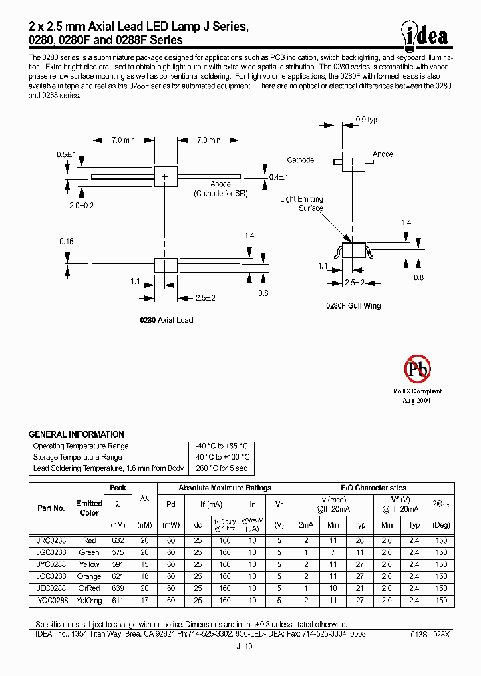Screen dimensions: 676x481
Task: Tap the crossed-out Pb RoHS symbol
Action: point(418,369)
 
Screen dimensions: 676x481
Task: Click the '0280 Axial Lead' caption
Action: point(166,320)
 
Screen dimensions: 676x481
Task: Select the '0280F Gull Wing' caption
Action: point(353,305)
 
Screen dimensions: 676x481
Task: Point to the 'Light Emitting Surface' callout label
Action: point(301,203)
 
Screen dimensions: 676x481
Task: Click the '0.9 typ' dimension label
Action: point(367,120)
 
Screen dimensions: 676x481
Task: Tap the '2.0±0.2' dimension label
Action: point(81,206)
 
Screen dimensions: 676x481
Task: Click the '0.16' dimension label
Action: point(66,241)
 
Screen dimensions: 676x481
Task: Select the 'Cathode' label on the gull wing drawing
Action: point(301,160)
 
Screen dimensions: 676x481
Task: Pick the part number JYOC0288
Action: point(49,601)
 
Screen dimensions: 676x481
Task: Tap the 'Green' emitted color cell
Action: point(89,552)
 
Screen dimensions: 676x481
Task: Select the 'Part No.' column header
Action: point(51,508)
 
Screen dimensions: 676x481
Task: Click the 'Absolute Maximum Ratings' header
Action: point(224,488)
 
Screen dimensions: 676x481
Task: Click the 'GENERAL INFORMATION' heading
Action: point(76,434)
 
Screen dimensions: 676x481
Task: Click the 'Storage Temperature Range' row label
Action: point(77,457)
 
